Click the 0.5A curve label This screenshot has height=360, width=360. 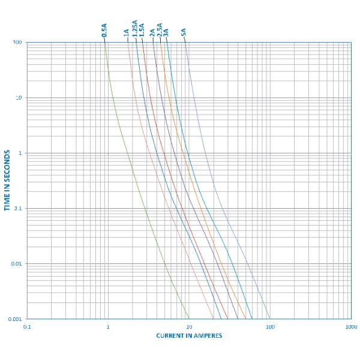coord(104,31)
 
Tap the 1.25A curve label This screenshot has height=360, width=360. coord(135,29)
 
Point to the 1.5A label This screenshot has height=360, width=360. coord(142,31)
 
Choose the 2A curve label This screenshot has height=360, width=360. coord(152,33)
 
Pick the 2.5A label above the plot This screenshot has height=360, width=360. coord(160,31)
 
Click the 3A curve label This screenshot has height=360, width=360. coord(166,33)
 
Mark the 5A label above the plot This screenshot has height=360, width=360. coord(184,33)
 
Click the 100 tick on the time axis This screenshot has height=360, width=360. coord(17,43)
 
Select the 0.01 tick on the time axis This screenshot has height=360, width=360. coord(16,264)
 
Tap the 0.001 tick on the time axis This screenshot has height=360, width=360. coord(15,319)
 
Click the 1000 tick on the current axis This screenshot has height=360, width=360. coord(350,326)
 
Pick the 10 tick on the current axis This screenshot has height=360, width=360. coord(189,326)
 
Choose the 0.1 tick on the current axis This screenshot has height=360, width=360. coord(27,326)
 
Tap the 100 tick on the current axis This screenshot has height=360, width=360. coord(270,326)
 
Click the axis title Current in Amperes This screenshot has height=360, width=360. coord(189,335)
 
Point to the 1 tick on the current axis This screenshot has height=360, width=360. coord(108,326)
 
